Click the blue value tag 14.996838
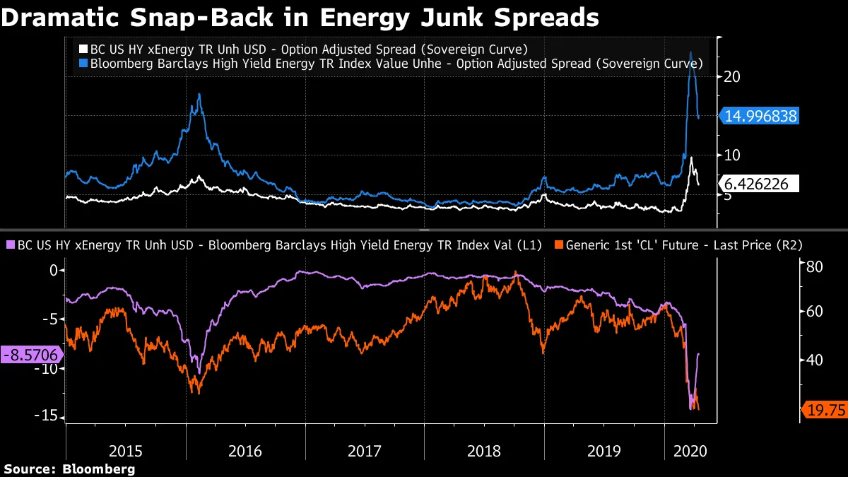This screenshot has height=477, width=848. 761,117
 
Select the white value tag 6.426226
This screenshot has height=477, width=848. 761,184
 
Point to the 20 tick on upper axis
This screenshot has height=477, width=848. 732,76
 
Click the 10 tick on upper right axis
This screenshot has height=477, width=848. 732,155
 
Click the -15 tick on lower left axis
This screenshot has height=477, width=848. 48,416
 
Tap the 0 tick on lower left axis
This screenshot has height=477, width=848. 52,271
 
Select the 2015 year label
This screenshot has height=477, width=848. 125,450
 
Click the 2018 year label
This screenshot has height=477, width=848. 484,450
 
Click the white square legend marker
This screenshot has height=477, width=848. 83,49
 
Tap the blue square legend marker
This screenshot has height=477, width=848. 83,63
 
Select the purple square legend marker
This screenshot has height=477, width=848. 9,245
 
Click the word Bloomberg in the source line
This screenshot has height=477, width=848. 99,469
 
